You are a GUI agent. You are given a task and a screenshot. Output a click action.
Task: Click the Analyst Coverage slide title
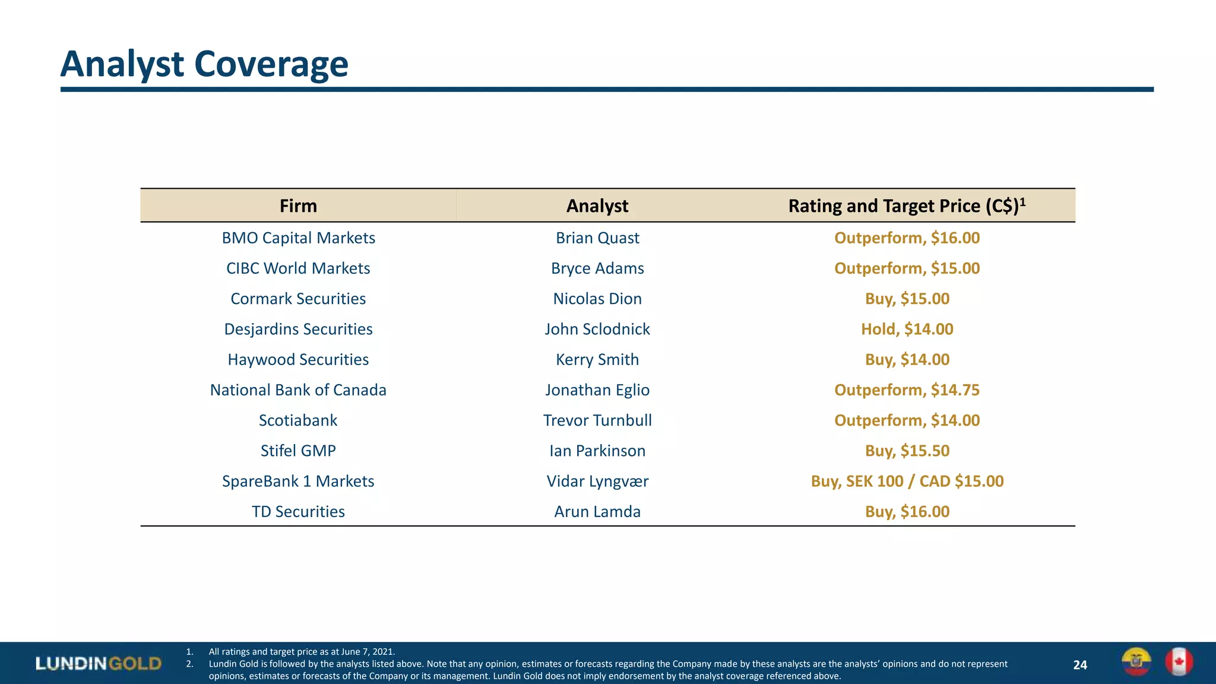point(204,64)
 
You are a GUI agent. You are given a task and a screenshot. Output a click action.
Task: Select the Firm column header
point(298,206)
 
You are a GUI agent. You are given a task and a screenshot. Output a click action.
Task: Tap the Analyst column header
point(597,206)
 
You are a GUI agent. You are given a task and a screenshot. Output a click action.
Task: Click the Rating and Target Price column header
point(906,206)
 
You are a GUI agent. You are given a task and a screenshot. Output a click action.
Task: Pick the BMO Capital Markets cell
point(298,238)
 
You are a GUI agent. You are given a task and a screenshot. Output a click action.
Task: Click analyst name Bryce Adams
point(597,268)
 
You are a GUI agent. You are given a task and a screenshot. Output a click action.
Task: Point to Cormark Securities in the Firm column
point(298,299)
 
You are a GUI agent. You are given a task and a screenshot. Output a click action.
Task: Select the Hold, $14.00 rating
point(907,329)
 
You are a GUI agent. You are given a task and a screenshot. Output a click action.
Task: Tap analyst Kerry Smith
point(597,360)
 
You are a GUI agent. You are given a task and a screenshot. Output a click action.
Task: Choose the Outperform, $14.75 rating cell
point(907,390)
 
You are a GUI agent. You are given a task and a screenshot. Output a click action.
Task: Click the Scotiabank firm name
point(298,420)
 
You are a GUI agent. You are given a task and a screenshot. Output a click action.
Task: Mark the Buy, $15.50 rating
point(907,451)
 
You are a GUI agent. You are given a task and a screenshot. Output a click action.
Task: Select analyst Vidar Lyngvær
point(597,481)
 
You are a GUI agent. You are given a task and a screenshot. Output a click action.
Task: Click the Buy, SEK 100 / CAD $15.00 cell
point(907,481)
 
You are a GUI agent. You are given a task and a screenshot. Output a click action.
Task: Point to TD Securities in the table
point(298,512)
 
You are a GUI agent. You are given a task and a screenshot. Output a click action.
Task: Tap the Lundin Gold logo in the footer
point(98,663)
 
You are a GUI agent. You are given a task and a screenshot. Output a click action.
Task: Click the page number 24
point(1080,665)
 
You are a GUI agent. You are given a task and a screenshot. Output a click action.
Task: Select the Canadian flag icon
point(1179,662)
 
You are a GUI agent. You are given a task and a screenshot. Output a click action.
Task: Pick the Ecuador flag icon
point(1136,662)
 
